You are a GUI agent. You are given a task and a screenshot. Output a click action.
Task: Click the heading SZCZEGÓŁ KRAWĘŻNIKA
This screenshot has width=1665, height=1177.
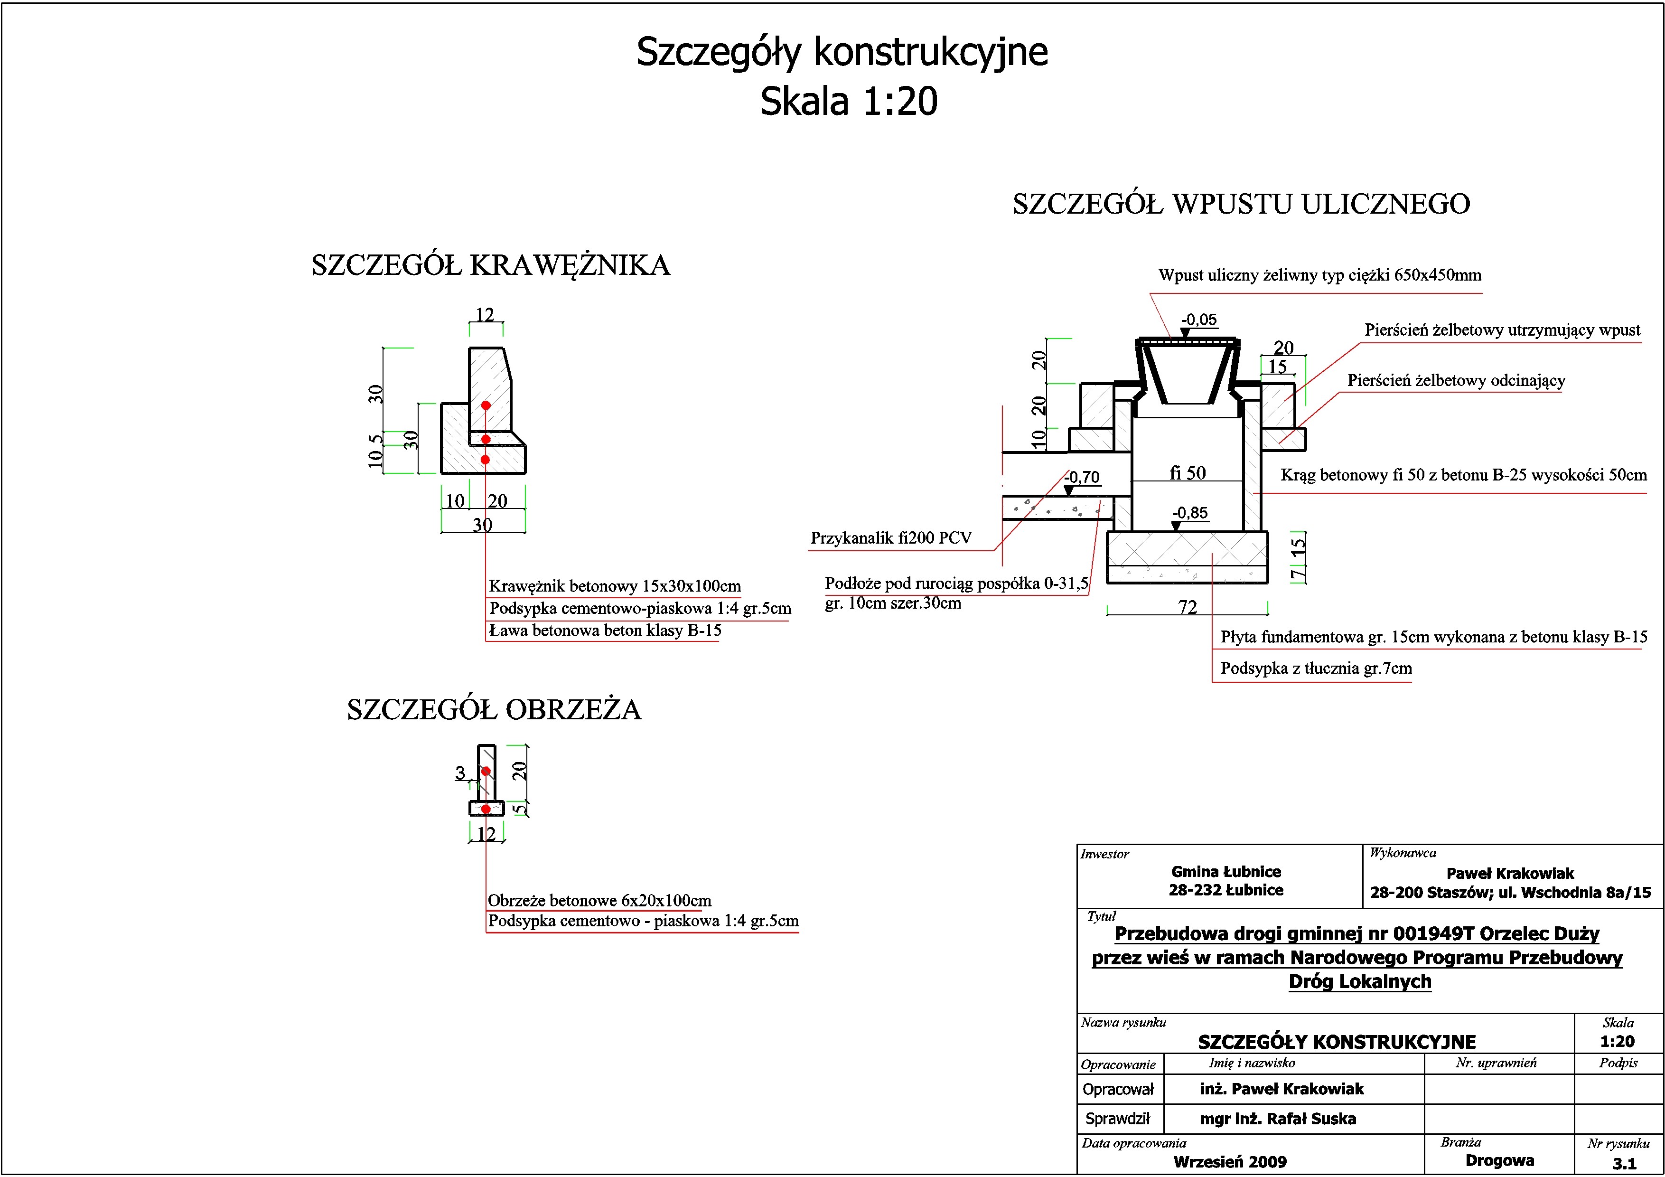click(x=491, y=265)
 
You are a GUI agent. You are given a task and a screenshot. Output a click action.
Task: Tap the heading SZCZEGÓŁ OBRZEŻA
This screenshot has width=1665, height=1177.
click(x=494, y=709)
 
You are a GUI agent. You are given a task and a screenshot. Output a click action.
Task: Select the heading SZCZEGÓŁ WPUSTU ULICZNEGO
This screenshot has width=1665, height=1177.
click(x=1241, y=204)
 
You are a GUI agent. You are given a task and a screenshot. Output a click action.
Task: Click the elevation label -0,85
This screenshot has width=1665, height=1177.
click(x=1190, y=513)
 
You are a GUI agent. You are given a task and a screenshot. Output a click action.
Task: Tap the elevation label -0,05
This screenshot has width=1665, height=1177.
click(x=1199, y=320)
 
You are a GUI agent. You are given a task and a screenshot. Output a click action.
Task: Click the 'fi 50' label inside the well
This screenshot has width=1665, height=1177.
click(x=1187, y=473)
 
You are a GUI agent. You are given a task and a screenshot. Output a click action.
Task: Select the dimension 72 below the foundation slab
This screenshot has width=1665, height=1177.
click(x=1187, y=607)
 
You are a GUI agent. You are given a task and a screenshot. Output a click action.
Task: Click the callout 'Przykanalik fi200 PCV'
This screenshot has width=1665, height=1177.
click(x=890, y=538)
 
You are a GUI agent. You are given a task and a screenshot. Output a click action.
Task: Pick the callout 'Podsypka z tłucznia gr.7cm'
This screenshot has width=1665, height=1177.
click(x=1316, y=668)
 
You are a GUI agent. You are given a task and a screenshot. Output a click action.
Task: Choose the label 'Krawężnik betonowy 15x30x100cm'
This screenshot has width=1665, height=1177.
click(x=614, y=586)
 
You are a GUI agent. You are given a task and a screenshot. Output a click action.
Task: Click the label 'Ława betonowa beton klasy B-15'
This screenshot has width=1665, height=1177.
click(x=605, y=630)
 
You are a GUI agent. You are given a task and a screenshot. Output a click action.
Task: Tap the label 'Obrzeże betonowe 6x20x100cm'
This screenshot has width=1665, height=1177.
click(x=599, y=901)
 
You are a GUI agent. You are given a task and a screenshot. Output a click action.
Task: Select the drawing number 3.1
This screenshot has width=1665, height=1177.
click(x=1624, y=1163)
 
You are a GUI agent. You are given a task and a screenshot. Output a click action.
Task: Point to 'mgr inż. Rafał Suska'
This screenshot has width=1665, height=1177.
click(x=1277, y=1118)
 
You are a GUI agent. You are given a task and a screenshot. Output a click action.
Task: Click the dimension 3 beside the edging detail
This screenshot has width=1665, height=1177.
click(x=460, y=773)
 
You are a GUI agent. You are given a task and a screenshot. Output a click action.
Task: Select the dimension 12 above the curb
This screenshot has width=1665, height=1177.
click(x=485, y=315)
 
